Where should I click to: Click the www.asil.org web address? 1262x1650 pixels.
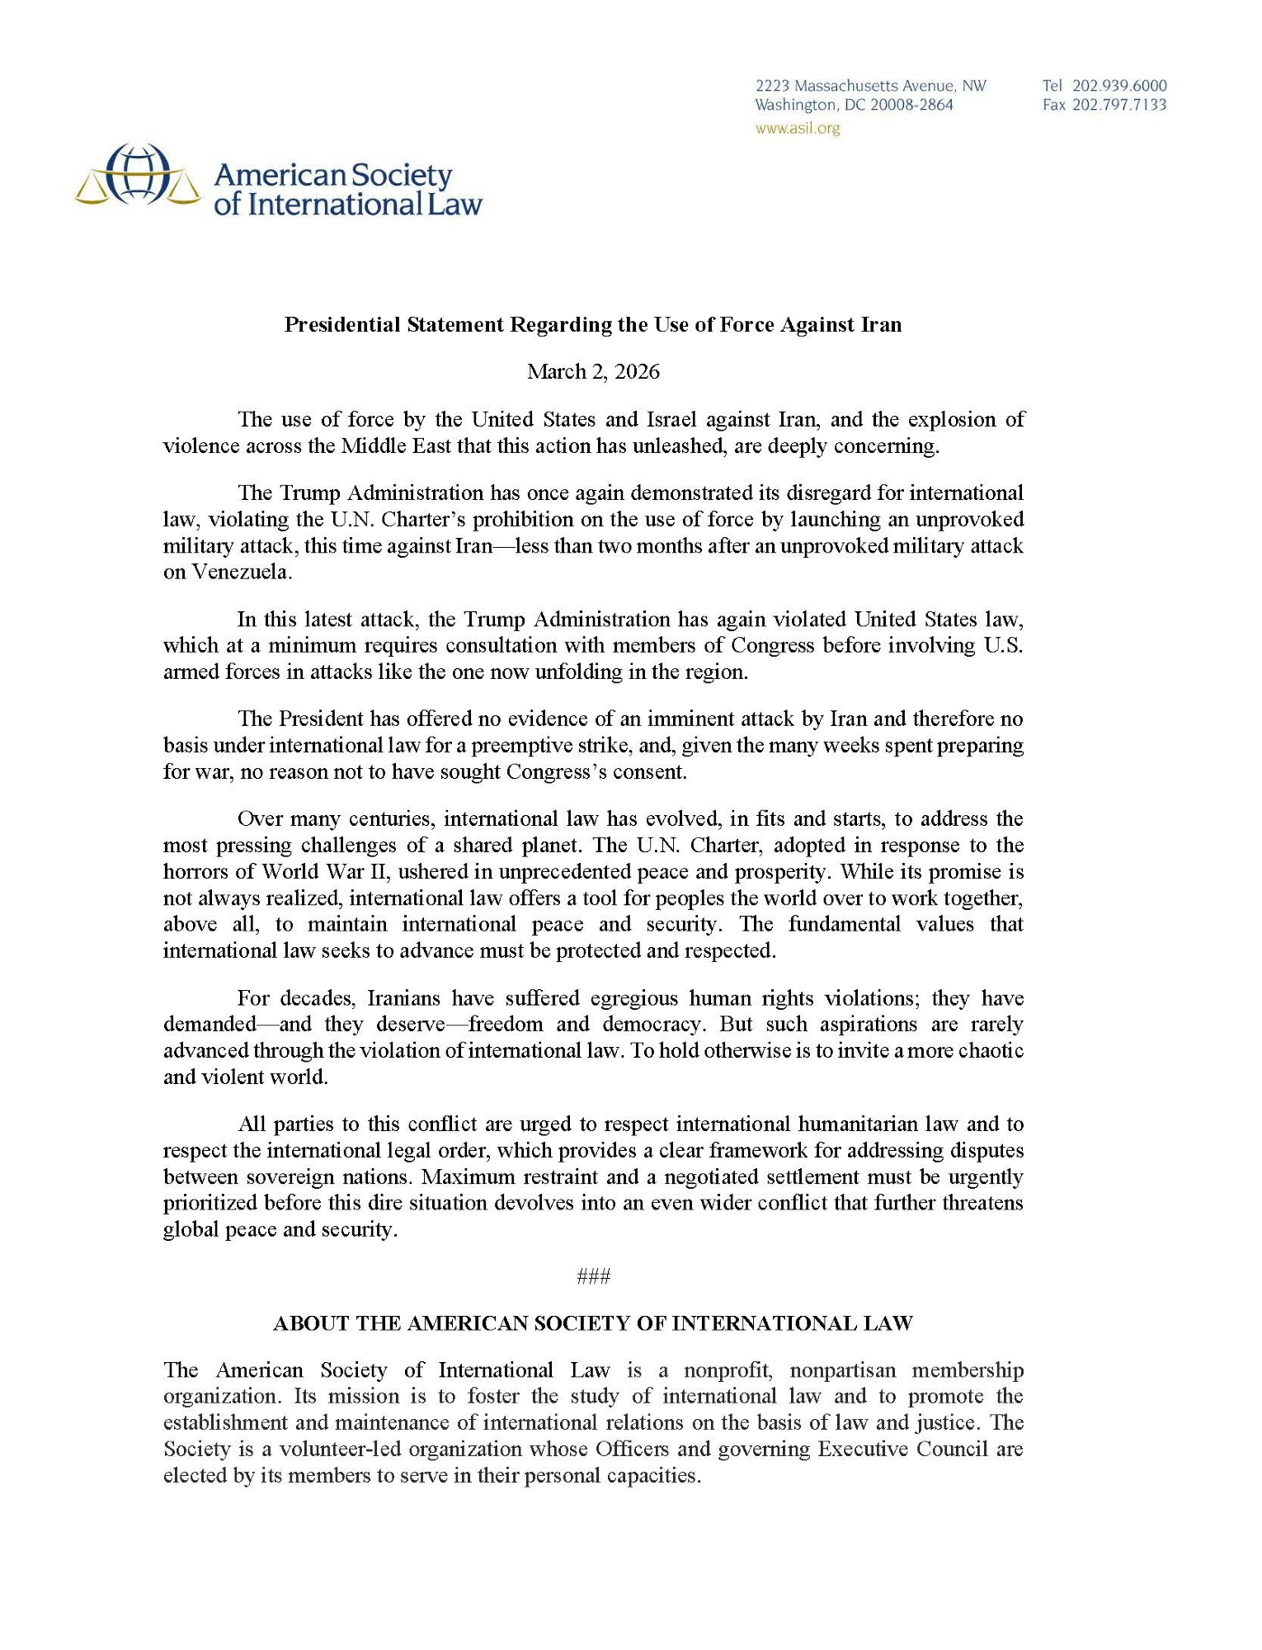[x=798, y=128]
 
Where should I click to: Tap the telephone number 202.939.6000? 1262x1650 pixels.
[x=1119, y=86]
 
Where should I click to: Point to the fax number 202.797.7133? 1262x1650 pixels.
[x=1119, y=105]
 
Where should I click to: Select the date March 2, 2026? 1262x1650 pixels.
[x=593, y=371]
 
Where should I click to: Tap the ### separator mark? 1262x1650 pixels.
[x=593, y=1276]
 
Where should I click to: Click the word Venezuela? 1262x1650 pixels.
[x=227, y=572]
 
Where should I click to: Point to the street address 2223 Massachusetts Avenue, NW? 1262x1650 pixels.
[x=871, y=86]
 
